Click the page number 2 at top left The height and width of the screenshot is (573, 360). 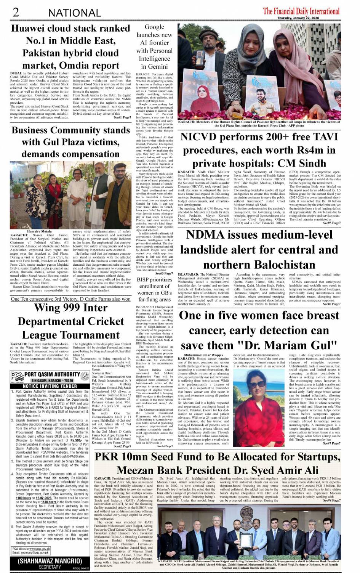click(16, 12)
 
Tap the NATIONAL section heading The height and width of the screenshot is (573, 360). click(74, 13)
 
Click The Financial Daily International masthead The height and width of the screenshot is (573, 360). click(301, 11)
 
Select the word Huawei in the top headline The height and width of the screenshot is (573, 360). click(29, 29)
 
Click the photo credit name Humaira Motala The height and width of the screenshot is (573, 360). click(39, 231)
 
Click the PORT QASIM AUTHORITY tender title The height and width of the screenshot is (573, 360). click(52, 374)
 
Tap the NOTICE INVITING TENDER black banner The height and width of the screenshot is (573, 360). click(50, 386)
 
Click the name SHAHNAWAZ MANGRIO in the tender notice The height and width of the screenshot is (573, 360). click(50, 561)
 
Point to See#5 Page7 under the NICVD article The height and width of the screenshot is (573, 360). click(332, 223)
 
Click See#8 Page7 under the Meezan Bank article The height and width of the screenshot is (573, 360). click(332, 501)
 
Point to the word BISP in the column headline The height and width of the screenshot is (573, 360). click(144, 279)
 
